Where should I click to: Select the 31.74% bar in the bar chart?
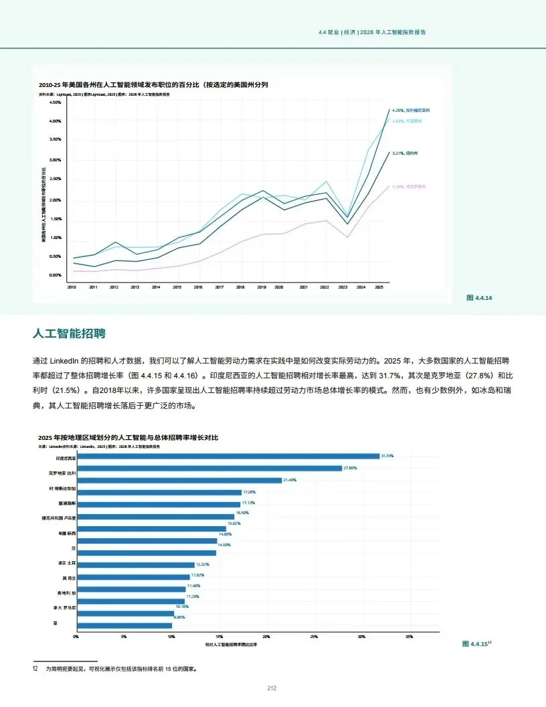tap(227, 456)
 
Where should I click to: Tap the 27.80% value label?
tap(351, 468)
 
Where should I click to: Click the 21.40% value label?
tap(290, 480)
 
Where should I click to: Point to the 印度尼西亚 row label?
tap(66, 459)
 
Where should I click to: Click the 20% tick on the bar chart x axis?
tap(266, 637)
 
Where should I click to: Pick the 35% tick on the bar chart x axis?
tap(409, 637)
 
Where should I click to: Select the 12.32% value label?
tap(203, 564)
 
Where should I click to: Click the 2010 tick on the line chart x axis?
tap(72, 287)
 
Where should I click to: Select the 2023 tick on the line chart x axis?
tap(343, 287)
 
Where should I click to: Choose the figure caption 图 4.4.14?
tap(479, 297)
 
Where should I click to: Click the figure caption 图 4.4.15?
tap(476, 643)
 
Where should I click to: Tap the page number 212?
tap(272, 688)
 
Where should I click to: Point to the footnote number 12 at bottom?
tap(35, 668)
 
